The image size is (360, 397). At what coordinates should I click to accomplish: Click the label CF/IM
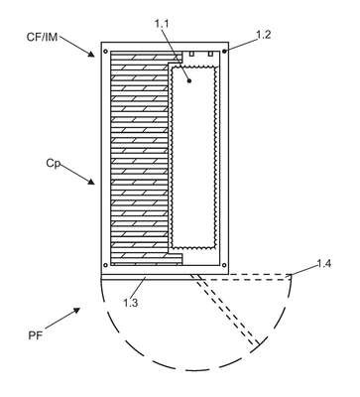point(42,37)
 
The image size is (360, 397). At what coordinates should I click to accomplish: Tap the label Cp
point(54,164)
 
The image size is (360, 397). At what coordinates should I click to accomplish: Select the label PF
point(36,335)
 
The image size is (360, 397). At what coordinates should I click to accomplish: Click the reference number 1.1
point(162,24)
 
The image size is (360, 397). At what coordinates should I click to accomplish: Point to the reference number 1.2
point(264,35)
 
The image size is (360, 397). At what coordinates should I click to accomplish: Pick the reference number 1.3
point(131,303)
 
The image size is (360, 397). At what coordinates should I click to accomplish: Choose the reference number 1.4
point(324,264)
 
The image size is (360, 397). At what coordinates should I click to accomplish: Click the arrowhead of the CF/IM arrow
point(90,54)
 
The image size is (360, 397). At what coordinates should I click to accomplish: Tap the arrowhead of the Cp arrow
point(90,181)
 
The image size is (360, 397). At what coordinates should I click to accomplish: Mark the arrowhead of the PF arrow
point(76,311)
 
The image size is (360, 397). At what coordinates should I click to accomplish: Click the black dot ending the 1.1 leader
point(189,80)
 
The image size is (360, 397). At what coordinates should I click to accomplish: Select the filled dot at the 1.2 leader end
point(224,52)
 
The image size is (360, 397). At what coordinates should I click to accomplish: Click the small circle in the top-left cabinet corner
point(105,52)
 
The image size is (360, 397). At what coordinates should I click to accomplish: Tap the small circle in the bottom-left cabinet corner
point(105,265)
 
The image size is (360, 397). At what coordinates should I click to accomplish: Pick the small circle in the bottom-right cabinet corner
point(224,265)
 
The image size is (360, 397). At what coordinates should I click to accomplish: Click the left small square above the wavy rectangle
point(191,54)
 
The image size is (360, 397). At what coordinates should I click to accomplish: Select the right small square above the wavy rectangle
point(210,54)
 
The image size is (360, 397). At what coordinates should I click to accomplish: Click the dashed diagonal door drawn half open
point(225,310)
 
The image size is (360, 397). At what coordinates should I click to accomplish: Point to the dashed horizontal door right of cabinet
point(260,277)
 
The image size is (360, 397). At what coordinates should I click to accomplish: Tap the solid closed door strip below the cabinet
point(165,277)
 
